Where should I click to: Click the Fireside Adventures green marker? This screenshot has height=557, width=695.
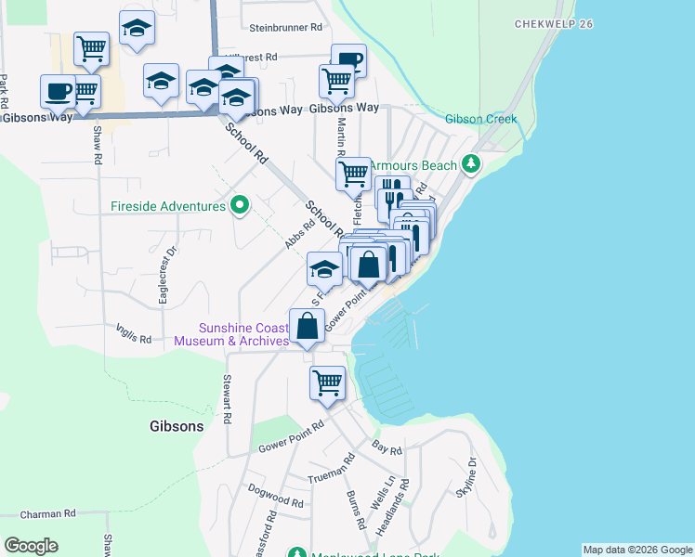(x=240, y=205)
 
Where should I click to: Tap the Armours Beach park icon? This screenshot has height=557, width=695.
(x=472, y=165)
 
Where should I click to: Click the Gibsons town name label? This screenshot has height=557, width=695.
(x=176, y=426)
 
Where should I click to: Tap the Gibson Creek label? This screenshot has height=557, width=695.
(x=480, y=119)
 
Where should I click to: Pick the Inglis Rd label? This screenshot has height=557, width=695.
(x=134, y=333)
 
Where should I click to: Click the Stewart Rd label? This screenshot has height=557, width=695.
(x=227, y=398)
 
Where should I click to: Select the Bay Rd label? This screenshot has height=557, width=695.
(x=387, y=449)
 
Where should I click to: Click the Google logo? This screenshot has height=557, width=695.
(x=31, y=546)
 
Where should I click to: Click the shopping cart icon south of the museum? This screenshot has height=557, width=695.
(x=327, y=382)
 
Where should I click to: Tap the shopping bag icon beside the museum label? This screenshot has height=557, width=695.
(x=307, y=325)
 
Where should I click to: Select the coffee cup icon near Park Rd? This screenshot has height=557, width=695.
(x=58, y=91)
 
